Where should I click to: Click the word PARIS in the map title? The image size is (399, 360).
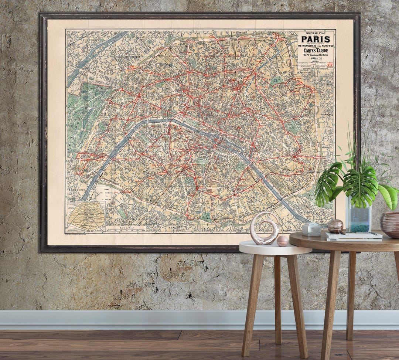[x=316, y=39]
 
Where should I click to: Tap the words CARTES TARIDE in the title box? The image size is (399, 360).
[x=316, y=51]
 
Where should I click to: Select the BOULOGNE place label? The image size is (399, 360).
[x=77, y=190]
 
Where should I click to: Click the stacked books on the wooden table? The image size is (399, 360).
[x=354, y=237]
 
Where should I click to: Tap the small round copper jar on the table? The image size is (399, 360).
[x=335, y=226]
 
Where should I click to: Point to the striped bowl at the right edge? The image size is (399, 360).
[x=390, y=225]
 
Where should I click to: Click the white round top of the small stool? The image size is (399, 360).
[x=275, y=248]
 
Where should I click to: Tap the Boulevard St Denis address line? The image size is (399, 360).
[x=316, y=55]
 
